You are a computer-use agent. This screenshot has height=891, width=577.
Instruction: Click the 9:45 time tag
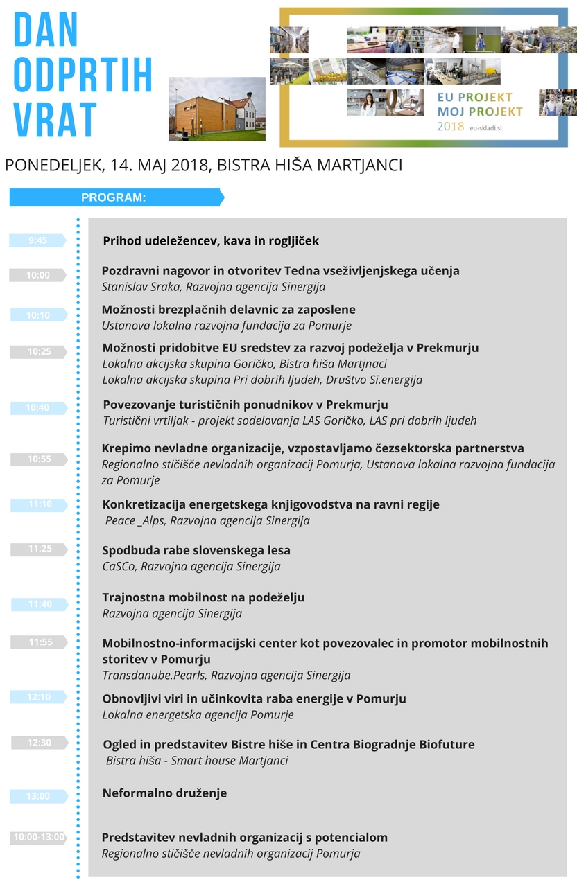click(x=38, y=240)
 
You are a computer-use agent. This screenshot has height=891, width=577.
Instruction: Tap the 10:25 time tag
click(x=39, y=352)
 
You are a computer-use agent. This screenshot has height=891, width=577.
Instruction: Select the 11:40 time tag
click(x=40, y=604)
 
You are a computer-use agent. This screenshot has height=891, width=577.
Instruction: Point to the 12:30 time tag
click(x=40, y=743)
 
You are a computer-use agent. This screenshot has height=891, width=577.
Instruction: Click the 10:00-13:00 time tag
click(x=39, y=837)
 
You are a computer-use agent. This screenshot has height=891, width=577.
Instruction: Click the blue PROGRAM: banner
click(x=115, y=197)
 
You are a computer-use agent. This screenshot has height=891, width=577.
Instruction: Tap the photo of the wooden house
click(x=217, y=109)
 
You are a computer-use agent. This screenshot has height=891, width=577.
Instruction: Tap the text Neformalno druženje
click(x=164, y=793)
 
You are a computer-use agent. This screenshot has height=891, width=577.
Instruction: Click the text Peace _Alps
click(x=135, y=520)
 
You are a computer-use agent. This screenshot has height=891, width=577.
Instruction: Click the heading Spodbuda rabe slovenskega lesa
click(x=196, y=550)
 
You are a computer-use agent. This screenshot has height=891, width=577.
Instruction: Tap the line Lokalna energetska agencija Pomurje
click(x=198, y=715)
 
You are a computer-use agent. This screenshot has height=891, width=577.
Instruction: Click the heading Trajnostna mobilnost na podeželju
click(x=203, y=597)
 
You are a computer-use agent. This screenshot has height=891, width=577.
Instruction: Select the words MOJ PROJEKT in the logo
click(x=480, y=111)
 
